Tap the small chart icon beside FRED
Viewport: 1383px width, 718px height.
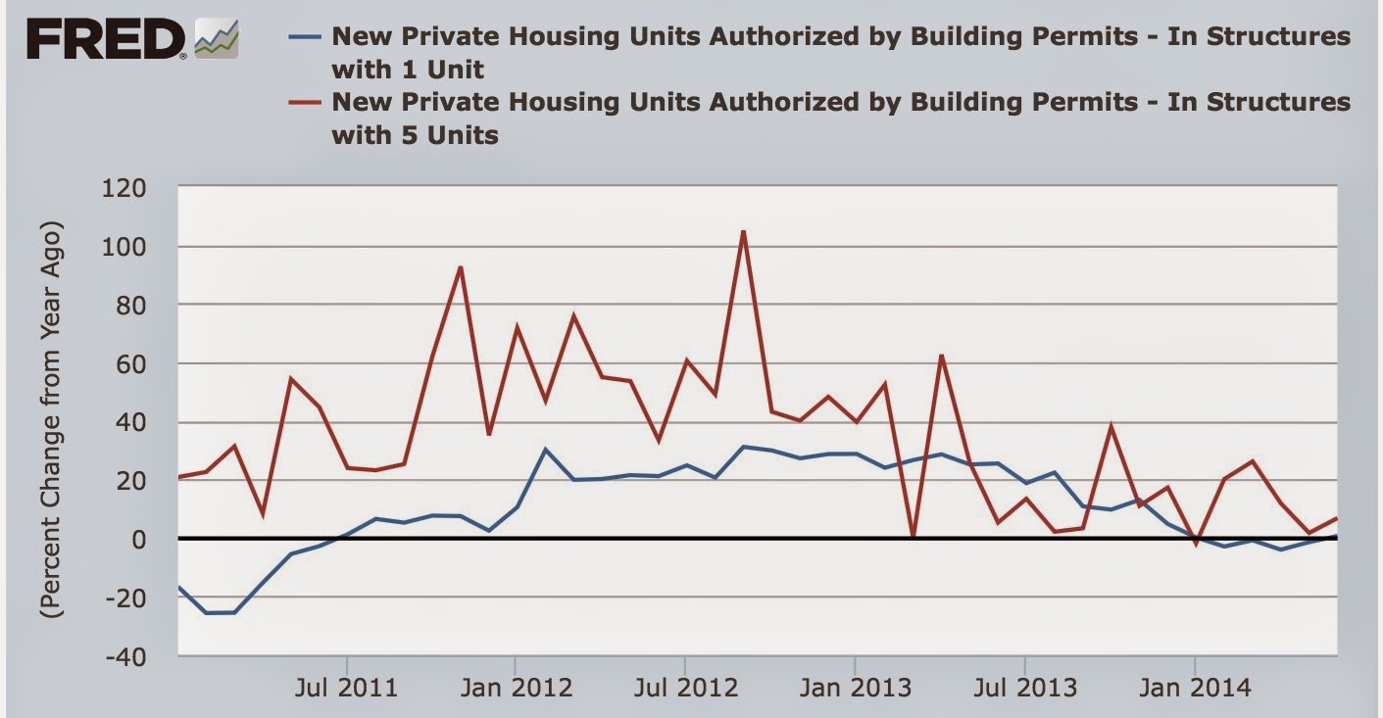tap(217, 39)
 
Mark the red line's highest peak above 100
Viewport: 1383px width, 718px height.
tap(743, 232)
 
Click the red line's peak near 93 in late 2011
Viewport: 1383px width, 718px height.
tap(460, 267)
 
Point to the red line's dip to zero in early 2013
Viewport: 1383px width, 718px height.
tap(913, 537)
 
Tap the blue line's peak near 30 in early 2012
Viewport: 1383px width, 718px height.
tap(545, 450)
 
